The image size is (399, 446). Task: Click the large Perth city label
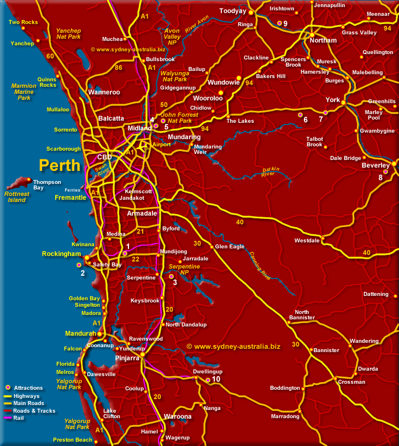60,165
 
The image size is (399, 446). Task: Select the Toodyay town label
233,11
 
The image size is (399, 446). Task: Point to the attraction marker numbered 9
279,23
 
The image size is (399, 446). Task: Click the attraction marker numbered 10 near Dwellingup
208,380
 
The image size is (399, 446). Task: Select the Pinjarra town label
127,358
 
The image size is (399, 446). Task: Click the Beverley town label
375,165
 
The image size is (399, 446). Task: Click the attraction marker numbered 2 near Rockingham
79,265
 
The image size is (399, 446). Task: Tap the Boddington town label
285,388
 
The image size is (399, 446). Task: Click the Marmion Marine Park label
24,92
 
